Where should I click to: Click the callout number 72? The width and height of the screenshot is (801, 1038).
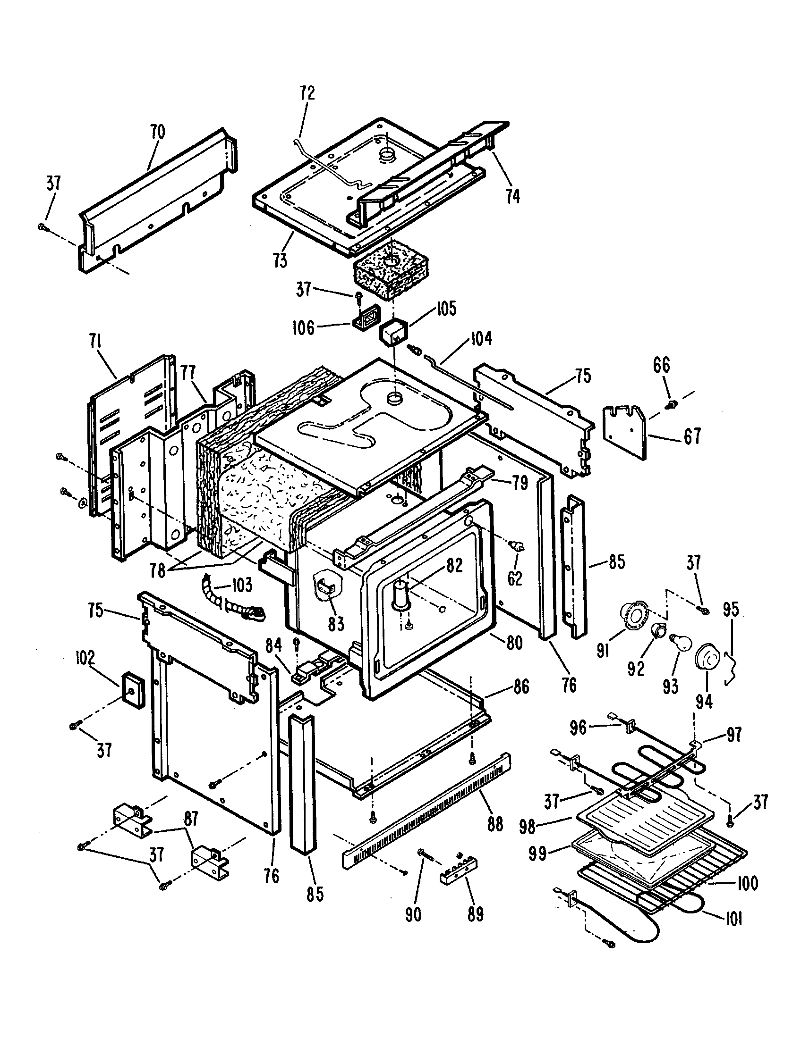(x=307, y=92)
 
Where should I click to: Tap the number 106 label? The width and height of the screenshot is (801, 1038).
(x=304, y=327)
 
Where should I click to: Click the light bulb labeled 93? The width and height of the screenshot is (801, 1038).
(x=678, y=643)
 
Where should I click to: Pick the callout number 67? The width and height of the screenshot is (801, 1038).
(x=692, y=436)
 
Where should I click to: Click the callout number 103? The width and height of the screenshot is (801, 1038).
(x=242, y=585)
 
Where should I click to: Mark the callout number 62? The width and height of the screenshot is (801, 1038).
(x=515, y=578)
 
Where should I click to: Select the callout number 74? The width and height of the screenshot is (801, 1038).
(x=512, y=196)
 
